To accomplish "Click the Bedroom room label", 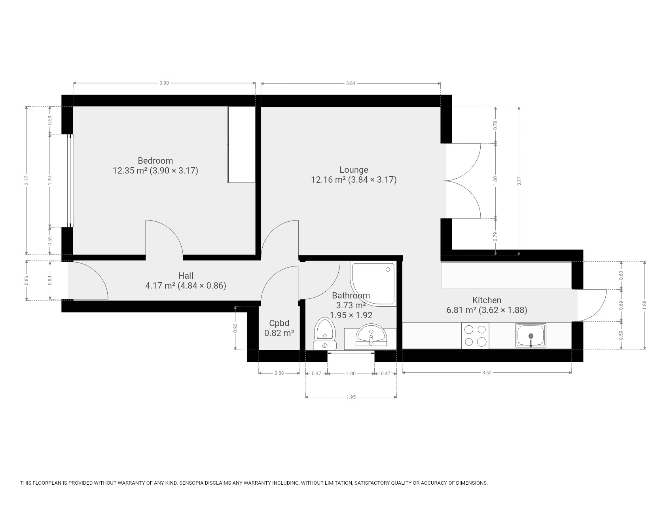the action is (155, 160).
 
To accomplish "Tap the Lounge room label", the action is (354, 170).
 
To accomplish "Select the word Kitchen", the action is (487, 300).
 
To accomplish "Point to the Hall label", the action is (186, 276).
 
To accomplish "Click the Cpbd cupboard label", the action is (279, 323).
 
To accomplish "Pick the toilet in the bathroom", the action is (325, 334).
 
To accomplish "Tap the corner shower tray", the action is (373, 283).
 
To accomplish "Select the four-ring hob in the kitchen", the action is (475, 336).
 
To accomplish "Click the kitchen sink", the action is (531, 336).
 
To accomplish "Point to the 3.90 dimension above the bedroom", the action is (164, 83).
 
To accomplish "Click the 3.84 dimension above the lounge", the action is (351, 83).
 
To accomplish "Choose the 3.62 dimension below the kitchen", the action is (487, 372).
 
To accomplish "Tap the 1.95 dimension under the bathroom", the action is (351, 397).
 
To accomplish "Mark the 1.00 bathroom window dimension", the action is (351, 373).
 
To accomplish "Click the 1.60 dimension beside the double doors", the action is (495, 181).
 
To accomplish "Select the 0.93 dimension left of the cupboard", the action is (235, 328).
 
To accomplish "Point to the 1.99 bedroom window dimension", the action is (49, 180).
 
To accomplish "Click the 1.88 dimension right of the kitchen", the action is (644, 305).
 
